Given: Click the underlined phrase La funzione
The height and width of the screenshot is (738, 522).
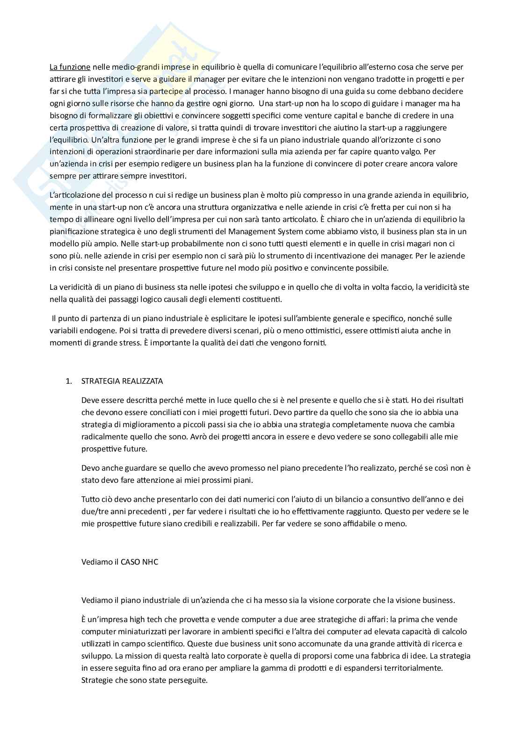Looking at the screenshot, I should tap(70, 67).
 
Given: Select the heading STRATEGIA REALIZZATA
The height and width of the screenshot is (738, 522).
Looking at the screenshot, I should tap(122, 381).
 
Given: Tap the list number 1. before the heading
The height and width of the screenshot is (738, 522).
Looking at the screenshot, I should tap(69, 381).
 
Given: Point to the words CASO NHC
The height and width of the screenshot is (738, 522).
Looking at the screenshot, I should tap(139, 562).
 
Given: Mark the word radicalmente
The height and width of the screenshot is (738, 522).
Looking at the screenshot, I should tap(103, 437).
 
